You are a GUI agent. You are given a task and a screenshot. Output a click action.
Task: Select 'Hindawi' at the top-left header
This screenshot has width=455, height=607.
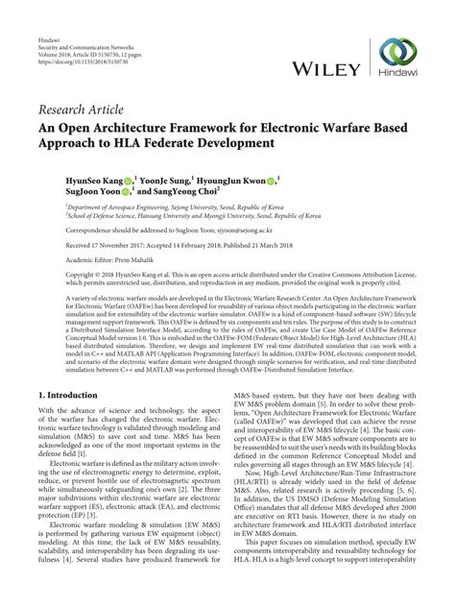pos(48,10)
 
